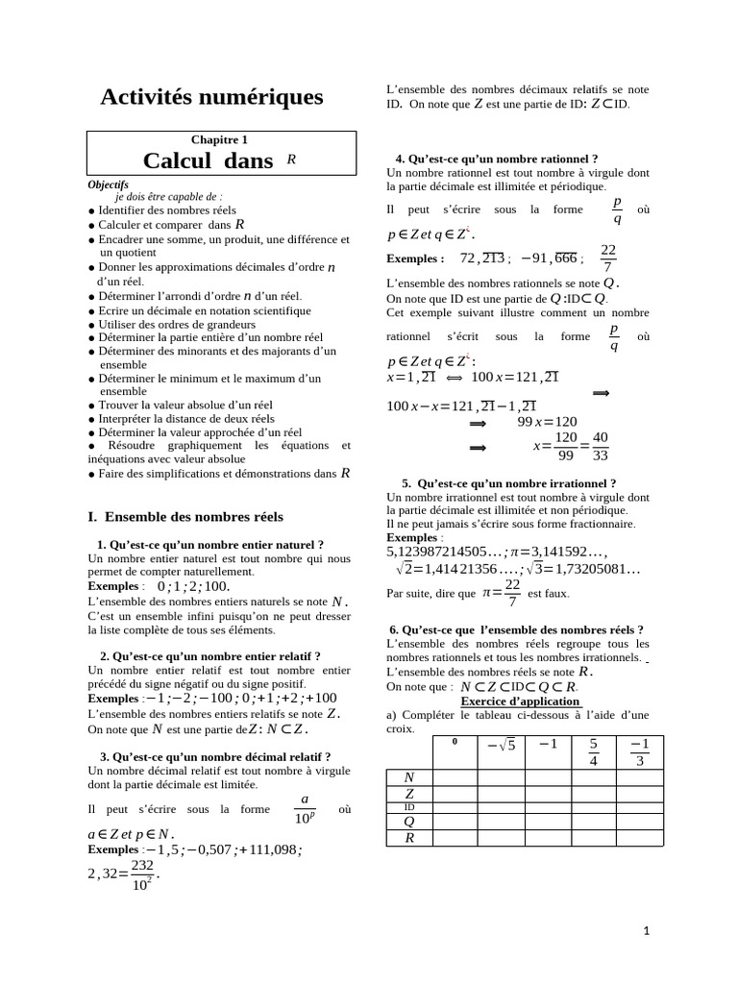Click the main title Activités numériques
212,97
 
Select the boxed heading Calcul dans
209,161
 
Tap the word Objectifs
108,184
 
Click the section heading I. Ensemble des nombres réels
185,517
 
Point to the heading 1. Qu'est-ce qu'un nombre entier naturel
210,545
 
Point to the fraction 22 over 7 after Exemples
608,258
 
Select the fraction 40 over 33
601,446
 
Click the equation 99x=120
548,421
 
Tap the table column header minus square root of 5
502,747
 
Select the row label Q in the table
408,821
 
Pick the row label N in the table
408,777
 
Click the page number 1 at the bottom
647,930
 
